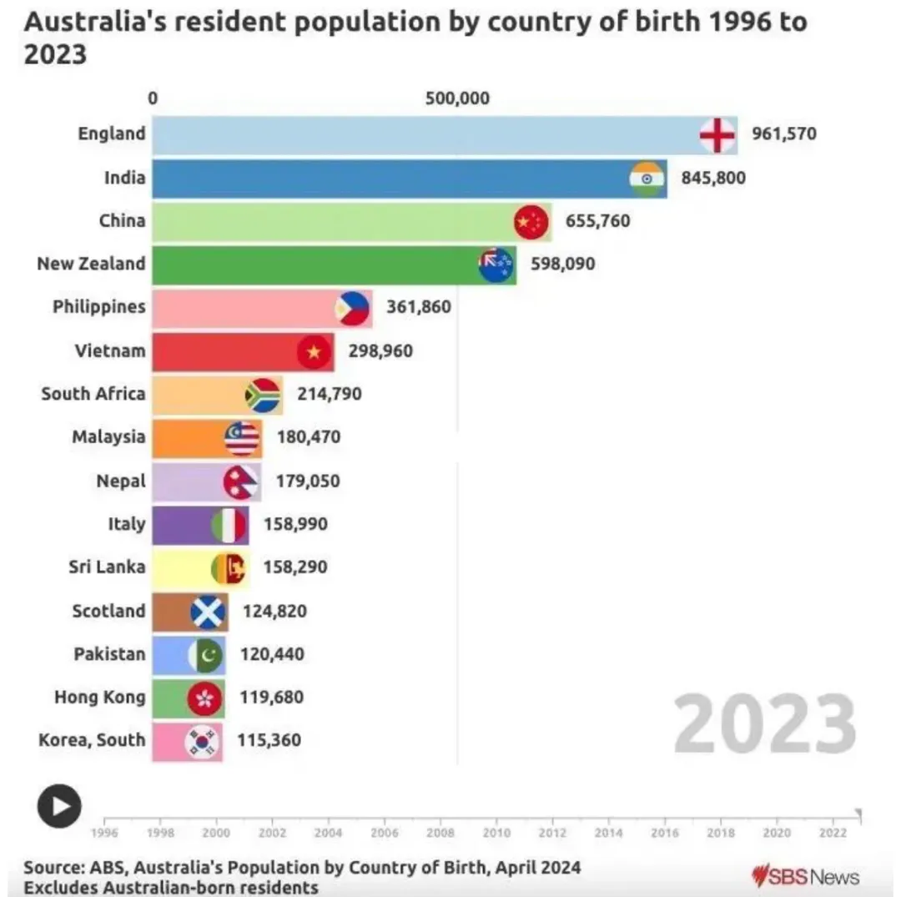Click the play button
59,806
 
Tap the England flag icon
717,134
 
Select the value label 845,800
713,177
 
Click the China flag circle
531,221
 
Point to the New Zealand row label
91,264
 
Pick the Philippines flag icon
352,308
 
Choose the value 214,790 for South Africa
330,394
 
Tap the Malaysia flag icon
242,438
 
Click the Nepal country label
121,481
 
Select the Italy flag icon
229,525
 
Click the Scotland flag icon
208,612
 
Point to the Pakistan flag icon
205,655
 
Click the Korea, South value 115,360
269,740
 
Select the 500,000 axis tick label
457,98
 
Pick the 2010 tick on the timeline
496,832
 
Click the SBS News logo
805,876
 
